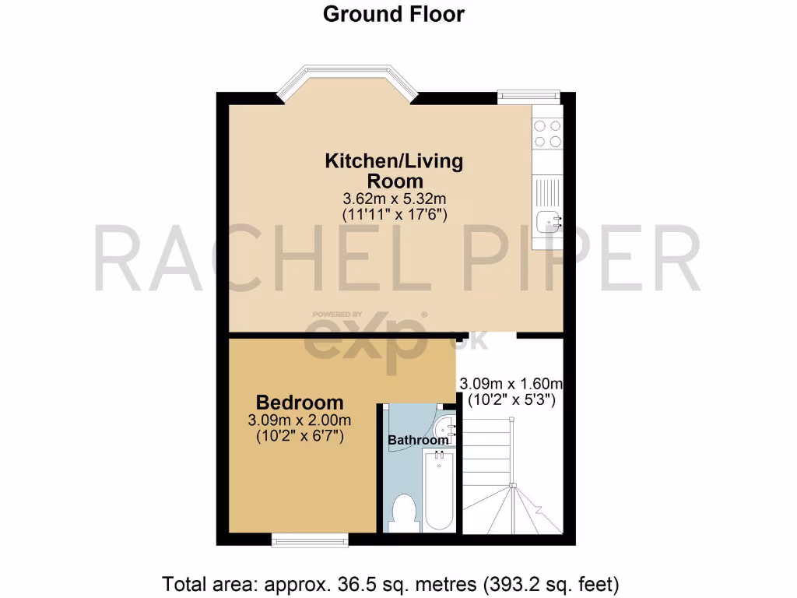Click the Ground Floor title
(x=393, y=14)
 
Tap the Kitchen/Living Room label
(x=393, y=171)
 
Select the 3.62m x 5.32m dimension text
(x=393, y=199)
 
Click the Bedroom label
(x=300, y=403)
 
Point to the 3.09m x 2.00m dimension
(x=300, y=420)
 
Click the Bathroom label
(x=419, y=440)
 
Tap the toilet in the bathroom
(x=404, y=512)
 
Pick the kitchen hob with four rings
(x=548, y=133)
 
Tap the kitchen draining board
(x=546, y=191)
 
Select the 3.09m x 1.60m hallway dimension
(x=511, y=384)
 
